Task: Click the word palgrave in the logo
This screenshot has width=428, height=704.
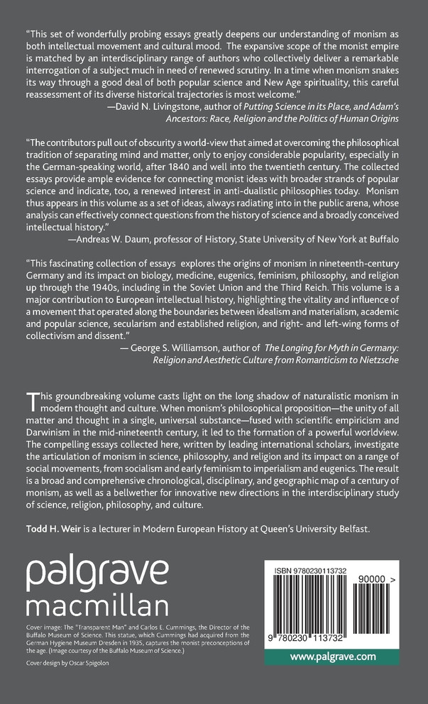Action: pos(97,570)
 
